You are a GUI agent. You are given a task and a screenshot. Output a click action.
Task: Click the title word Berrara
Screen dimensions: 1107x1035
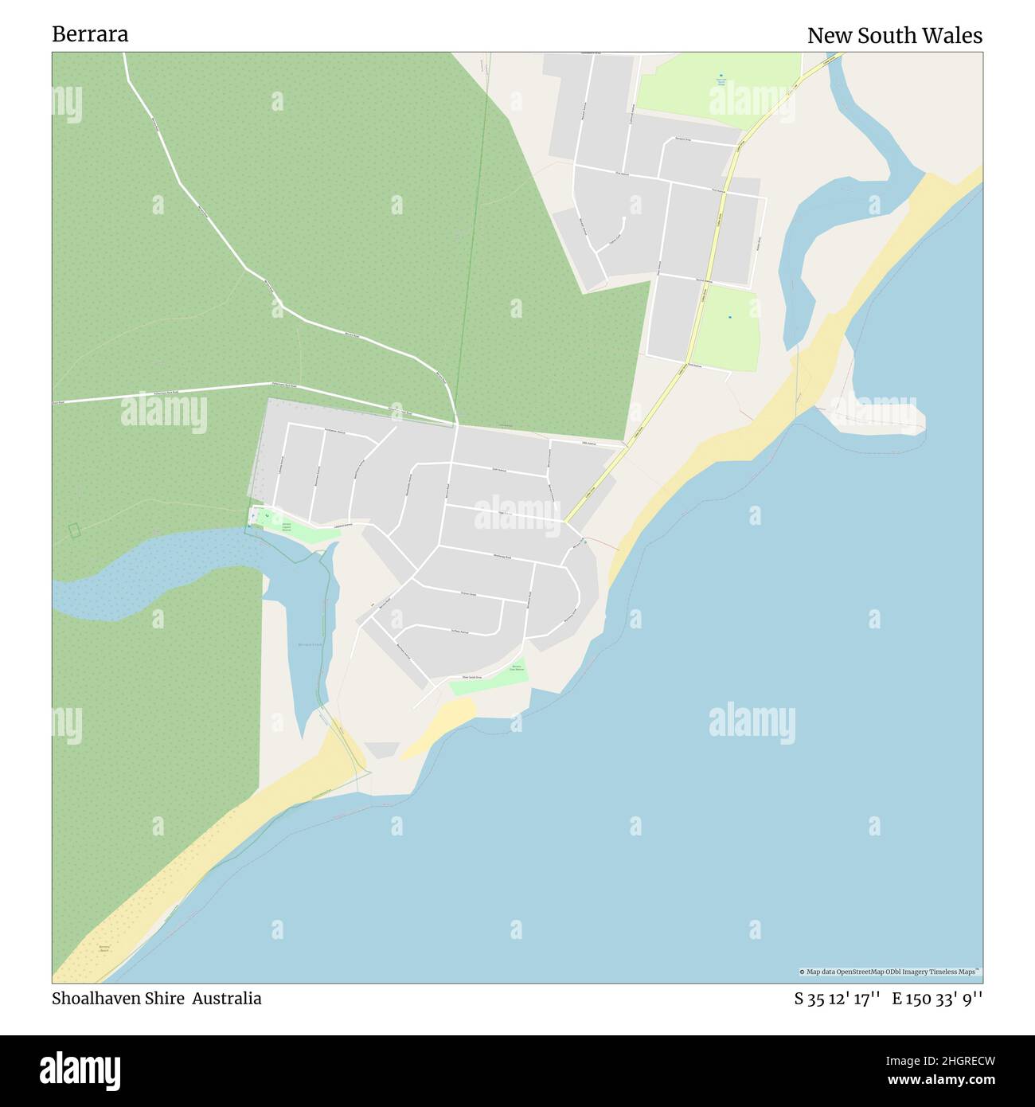pos(90,34)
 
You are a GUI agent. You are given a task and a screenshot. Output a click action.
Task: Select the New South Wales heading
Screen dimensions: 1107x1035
pos(894,36)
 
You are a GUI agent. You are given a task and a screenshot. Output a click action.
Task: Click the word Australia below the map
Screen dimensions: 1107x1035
pos(227,998)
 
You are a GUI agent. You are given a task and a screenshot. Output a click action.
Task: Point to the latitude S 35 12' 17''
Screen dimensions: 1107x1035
pos(836,999)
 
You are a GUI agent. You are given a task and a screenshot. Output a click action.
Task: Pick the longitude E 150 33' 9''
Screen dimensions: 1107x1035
pos(937,999)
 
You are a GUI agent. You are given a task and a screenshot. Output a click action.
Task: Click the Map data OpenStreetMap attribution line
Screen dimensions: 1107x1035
pos(890,972)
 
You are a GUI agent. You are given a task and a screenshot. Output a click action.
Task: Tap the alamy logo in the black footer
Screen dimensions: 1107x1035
pos(80,1070)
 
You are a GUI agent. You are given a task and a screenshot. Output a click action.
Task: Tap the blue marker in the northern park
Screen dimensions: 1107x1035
pos(721,76)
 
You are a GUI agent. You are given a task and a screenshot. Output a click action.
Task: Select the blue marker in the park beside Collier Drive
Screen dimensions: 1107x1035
pos(729,318)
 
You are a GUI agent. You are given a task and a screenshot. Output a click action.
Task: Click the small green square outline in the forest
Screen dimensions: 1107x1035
pos(74,530)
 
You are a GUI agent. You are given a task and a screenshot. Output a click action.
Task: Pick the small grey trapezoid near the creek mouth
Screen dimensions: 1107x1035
pos(382,749)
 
